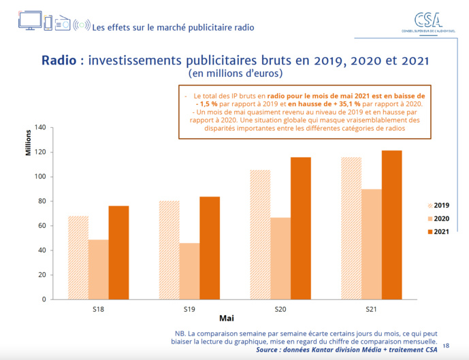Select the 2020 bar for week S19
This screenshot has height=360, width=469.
coord(190,271)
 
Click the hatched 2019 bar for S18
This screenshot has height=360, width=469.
coord(78,257)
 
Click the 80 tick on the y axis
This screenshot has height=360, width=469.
coord(42,201)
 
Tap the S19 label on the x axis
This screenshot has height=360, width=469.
coord(190,309)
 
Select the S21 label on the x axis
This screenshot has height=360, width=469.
coord(371,309)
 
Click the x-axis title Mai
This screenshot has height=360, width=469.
coord(227,318)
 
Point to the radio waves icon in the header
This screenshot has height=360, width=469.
coord(81,25)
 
